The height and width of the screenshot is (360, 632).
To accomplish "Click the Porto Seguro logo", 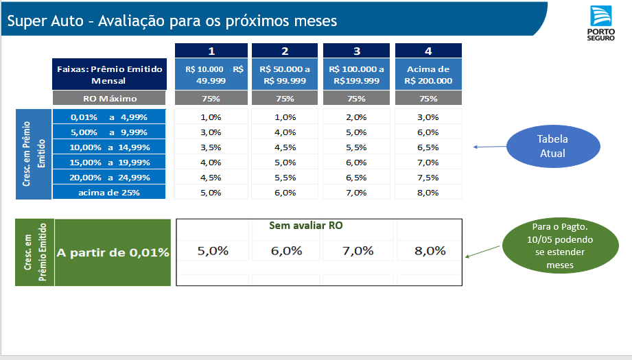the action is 600,23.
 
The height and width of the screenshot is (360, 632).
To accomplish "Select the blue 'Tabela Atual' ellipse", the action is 553,146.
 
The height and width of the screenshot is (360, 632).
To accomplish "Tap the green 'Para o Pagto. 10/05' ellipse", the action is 560,245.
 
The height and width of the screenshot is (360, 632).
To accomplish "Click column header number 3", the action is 356,51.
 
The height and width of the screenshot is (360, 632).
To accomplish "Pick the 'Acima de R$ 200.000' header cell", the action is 428,75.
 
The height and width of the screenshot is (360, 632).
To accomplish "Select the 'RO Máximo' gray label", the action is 109,98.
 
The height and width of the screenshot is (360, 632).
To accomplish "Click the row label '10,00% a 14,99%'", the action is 109,147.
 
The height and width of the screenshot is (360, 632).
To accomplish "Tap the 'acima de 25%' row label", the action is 109,193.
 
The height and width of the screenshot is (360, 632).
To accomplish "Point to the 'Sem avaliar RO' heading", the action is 306,226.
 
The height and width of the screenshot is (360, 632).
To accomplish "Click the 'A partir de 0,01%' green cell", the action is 113,252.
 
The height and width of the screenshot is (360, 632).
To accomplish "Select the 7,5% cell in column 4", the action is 428,178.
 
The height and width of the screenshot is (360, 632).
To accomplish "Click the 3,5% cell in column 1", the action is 211,147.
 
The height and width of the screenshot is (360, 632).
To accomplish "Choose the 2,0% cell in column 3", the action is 356,117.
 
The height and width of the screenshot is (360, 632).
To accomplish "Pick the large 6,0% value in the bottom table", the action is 287,251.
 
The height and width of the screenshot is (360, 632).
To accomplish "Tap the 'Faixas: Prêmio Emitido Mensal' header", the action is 109,75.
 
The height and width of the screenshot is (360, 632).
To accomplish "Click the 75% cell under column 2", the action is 285,98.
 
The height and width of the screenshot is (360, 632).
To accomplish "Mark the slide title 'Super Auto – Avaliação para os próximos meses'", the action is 172,21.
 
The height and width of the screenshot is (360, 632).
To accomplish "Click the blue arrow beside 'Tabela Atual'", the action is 490,147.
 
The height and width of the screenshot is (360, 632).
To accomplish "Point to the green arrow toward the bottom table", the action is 482,251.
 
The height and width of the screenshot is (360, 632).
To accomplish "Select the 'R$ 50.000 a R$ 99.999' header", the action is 285,75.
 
